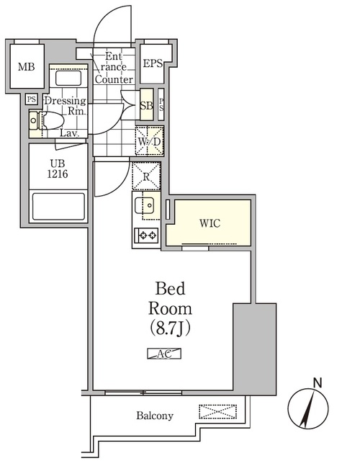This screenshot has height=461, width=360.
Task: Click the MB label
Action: click(27, 67)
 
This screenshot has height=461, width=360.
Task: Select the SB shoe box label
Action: click(145, 106)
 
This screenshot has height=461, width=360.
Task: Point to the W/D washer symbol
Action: click(150, 140)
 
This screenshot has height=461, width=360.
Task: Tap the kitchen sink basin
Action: click(148, 207)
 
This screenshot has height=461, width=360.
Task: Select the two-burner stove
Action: click(148, 235)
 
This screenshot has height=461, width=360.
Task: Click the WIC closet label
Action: click(210, 223)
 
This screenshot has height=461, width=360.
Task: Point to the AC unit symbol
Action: click(163, 354)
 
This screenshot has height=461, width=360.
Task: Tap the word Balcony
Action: click(155, 416)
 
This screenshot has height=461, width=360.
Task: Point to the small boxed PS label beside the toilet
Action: click(31, 99)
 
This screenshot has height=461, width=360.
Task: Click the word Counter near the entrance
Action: click(114, 79)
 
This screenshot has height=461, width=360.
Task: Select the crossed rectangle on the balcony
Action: click(217, 412)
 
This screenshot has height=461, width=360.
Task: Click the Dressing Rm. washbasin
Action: click(68, 78)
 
